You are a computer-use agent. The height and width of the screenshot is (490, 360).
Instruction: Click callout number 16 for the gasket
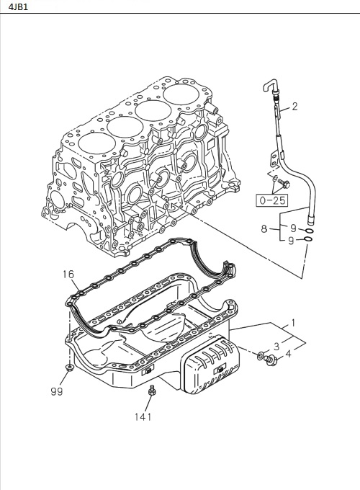(68, 275)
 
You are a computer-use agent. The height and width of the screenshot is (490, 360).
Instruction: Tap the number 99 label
(57, 391)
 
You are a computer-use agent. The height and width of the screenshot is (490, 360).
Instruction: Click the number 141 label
(143, 416)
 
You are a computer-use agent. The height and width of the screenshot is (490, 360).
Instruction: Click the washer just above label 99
(68, 368)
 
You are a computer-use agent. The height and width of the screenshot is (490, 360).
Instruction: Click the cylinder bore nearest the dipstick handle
(184, 95)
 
